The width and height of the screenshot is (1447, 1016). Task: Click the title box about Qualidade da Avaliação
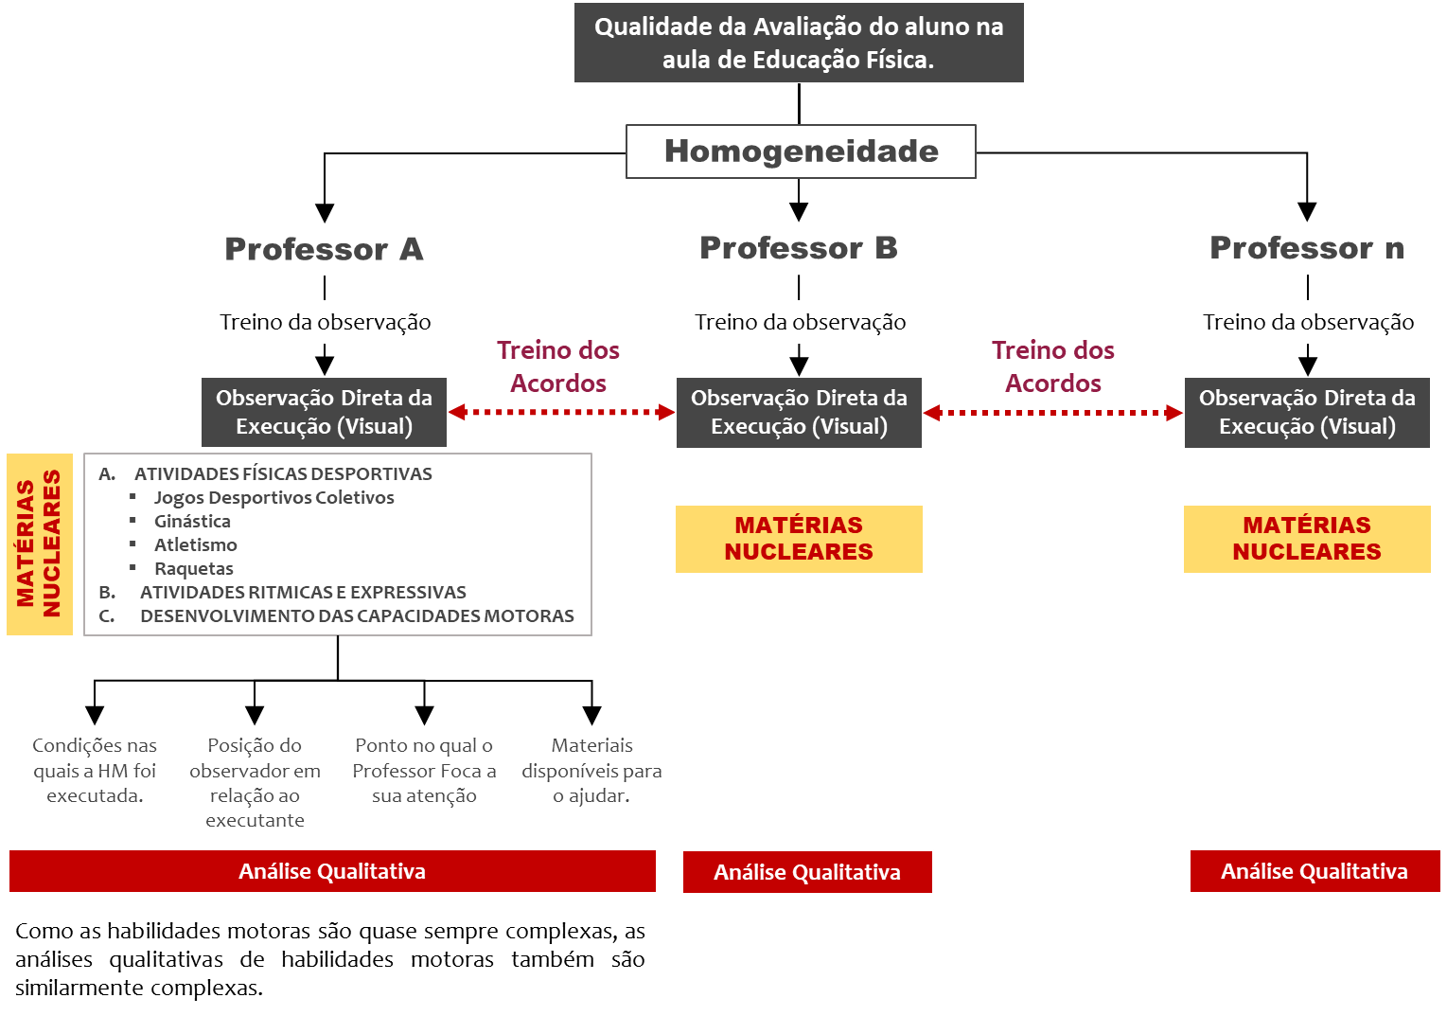point(799,44)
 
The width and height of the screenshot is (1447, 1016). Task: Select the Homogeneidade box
point(801,152)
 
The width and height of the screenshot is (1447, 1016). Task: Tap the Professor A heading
point(324,249)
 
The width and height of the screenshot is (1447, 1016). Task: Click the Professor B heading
point(799,248)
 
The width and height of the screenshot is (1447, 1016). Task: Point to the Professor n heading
point(1306,248)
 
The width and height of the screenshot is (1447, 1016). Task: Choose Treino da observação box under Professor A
point(326,322)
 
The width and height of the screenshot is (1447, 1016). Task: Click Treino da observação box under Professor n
point(1308,322)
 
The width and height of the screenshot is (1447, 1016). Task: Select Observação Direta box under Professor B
point(799,413)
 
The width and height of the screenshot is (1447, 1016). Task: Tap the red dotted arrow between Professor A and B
point(561,412)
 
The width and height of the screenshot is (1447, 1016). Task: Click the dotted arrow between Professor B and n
point(1052,413)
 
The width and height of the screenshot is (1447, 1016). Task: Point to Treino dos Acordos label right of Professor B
point(1052,366)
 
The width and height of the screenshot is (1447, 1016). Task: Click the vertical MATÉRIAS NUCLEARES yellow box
point(40,544)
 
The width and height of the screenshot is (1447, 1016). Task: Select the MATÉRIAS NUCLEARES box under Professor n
point(1306,539)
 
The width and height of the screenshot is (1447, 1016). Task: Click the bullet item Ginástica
point(192,521)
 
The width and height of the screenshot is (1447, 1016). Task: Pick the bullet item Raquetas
point(193,568)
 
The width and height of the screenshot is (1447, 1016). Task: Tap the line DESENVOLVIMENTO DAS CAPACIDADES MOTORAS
point(357,615)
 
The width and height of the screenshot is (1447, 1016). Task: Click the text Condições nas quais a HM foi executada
point(95,771)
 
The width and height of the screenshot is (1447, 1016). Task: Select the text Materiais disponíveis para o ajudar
point(591,771)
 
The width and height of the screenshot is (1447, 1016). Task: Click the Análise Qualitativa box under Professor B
point(807,872)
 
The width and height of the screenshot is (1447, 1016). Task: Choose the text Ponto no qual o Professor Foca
point(424,771)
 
